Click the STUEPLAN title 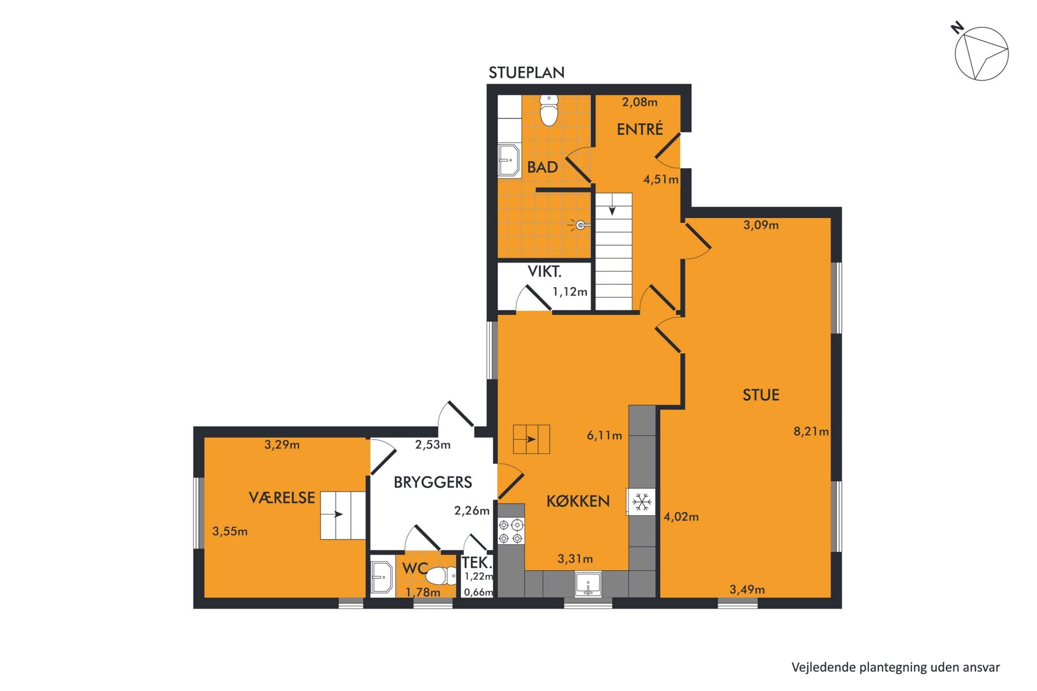click(527, 73)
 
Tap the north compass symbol click(981, 52)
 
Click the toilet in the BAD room click(549, 110)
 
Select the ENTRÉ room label click(639, 130)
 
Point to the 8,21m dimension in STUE click(811, 431)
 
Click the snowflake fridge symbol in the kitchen click(642, 502)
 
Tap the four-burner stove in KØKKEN click(511, 531)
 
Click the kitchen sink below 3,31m click(588, 584)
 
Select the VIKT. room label click(544, 271)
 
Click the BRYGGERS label click(433, 483)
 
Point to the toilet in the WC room click(441, 575)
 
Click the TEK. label click(476, 563)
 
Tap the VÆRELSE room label click(282, 498)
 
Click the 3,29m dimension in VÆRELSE click(282, 445)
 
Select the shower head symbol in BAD click(579, 225)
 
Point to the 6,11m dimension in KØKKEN click(604, 435)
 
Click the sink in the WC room click(381, 576)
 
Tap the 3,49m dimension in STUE click(747, 590)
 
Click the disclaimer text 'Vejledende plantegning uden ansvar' click(895, 667)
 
